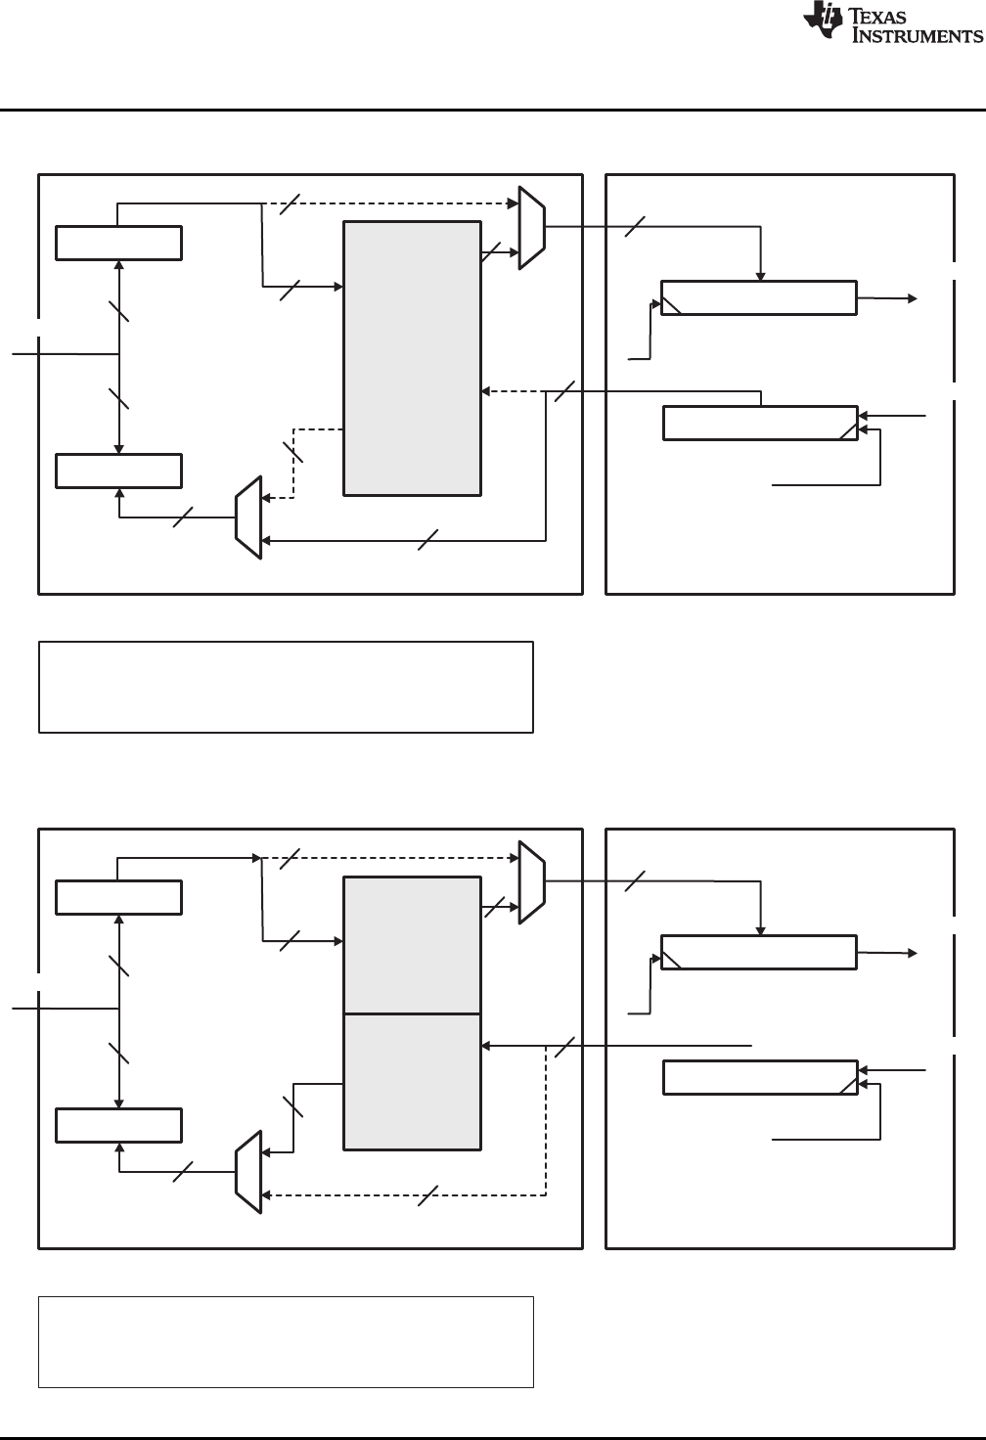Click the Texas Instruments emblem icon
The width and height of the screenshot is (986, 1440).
[x=822, y=22]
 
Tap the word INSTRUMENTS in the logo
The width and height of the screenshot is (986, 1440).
[x=918, y=36]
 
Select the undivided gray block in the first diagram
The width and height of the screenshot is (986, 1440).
[x=412, y=358]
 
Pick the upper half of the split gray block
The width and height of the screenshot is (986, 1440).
[x=412, y=944]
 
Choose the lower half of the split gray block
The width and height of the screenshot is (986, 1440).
[x=412, y=1081]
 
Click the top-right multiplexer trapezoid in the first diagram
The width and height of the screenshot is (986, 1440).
[x=530, y=227]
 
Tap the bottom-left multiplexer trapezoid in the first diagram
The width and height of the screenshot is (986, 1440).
[x=249, y=518]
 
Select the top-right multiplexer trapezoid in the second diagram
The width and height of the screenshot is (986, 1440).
[x=530, y=881]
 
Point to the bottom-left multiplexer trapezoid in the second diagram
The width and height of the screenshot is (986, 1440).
[x=249, y=1173]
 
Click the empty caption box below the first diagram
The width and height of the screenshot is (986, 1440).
[x=286, y=687]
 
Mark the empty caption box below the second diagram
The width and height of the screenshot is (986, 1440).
[x=286, y=1341]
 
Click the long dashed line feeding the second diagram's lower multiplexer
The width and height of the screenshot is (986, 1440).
[x=411, y=1194]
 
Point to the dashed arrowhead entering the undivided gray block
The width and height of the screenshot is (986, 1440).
[x=486, y=391]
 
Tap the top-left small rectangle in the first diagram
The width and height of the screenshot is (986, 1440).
[x=118, y=243]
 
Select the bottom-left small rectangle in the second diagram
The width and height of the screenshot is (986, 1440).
[x=118, y=1125]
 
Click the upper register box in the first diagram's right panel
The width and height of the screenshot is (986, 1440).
[x=759, y=297]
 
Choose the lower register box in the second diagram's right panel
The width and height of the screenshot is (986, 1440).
[x=760, y=1076]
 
